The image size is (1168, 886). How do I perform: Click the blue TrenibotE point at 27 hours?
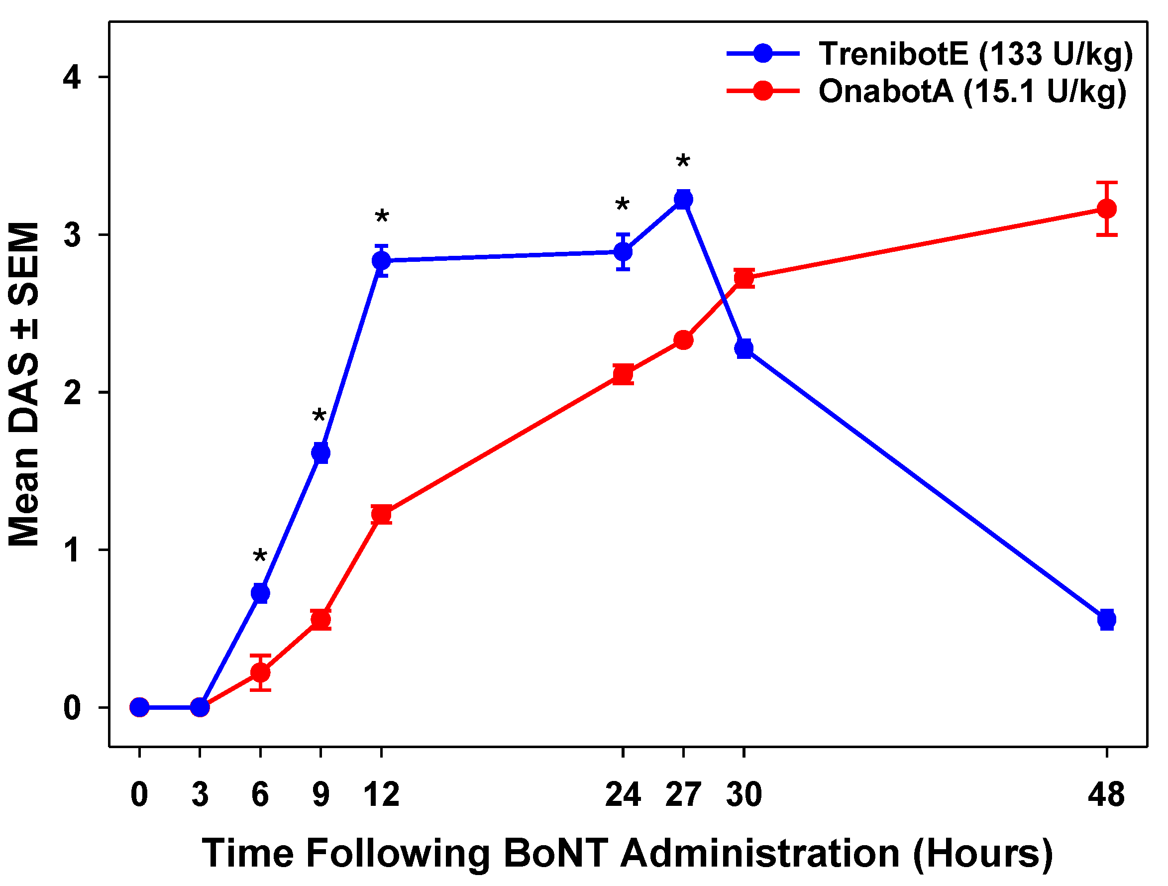683,200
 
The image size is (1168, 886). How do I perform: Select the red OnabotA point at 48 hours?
1107,209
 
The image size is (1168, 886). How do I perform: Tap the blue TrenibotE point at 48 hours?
1107,619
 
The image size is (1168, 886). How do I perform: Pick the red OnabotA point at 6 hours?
260,672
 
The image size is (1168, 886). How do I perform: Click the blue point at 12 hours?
381,260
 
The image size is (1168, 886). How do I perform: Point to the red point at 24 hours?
623,374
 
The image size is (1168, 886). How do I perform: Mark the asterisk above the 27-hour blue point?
683,162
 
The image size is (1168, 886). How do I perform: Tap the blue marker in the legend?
763,53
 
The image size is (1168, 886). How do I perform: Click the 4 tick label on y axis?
72,78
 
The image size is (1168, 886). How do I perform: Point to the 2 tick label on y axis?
72,393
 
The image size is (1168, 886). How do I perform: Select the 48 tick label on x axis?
1106,794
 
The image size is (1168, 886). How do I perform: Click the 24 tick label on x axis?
623,794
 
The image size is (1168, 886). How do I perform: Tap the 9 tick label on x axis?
320,794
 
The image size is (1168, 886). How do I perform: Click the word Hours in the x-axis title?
983,854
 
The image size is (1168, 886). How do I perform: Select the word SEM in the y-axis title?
25,264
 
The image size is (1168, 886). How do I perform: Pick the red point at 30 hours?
744,278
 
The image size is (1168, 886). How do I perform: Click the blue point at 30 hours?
744,348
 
